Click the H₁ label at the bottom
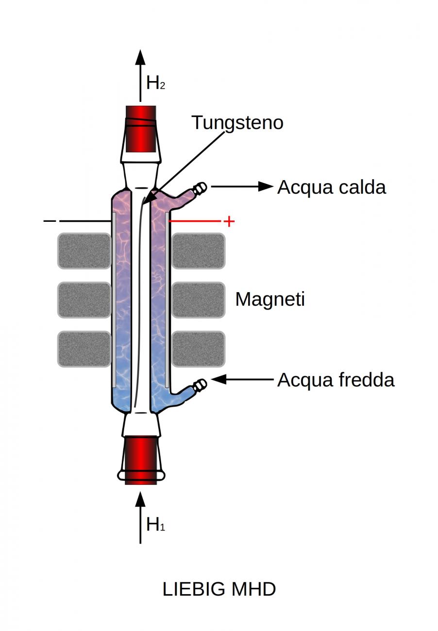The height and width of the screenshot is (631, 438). pyautogui.click(x=155, y=524)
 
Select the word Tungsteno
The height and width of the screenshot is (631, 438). pyautogui.click(x=237, y=122)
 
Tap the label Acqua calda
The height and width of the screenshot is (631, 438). pyautogui.click(x=331, y=187)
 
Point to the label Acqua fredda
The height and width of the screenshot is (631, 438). pyautogui.click(x=336, y=380)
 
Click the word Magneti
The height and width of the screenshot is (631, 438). pyautogui.click(x=270, y=299)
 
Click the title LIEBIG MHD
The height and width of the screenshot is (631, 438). pyautogui.click(x=219, y=589)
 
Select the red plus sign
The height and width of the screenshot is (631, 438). pyautogui.click(x=228, y=222)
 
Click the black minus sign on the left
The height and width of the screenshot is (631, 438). pyautogui.click(x=50, y=221)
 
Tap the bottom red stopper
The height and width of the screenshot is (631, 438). pyautogui.click(x=141, y=459)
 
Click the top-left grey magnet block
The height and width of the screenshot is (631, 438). pyautogui.click(x=84, y=250)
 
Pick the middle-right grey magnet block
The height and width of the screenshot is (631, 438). pyautogui.click(x=198, y=300)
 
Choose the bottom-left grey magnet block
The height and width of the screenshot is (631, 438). pyautogui.click(x=84, y=349)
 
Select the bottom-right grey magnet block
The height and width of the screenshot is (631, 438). pyautogui.click(x=198, y=349)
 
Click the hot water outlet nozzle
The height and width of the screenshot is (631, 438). pyautogui.click(x=200, y=188)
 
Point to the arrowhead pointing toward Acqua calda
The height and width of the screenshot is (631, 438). pyautogui.click(x=266, y=186)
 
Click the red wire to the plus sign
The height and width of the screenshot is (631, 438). pyautogui.click(x=194, y=221)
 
